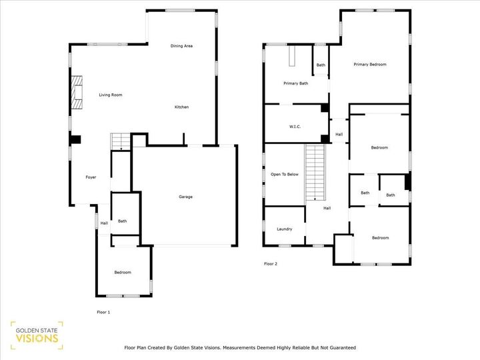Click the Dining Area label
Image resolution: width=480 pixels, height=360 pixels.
181,46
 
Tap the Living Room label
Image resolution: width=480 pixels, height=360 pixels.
111,95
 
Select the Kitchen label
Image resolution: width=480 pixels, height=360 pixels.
181,107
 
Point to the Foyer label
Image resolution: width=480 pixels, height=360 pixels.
91,177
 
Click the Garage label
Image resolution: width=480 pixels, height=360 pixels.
185,197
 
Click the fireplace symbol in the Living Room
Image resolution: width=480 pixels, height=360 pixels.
77,92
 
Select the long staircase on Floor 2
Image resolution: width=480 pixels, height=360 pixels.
314,172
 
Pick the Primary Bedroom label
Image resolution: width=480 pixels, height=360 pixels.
370,65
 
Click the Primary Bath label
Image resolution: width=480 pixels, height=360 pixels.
295,83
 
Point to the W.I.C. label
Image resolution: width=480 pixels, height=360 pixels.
295,127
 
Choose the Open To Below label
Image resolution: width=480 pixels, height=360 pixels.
284,174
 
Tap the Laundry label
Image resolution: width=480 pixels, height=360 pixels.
284,229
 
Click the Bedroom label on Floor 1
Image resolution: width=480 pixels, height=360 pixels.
122,272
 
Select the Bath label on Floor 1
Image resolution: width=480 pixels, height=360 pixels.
123,221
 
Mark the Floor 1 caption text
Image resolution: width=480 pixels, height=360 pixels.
103,312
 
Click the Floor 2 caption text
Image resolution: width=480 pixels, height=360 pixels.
270,264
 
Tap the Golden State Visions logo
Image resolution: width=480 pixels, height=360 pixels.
37,335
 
